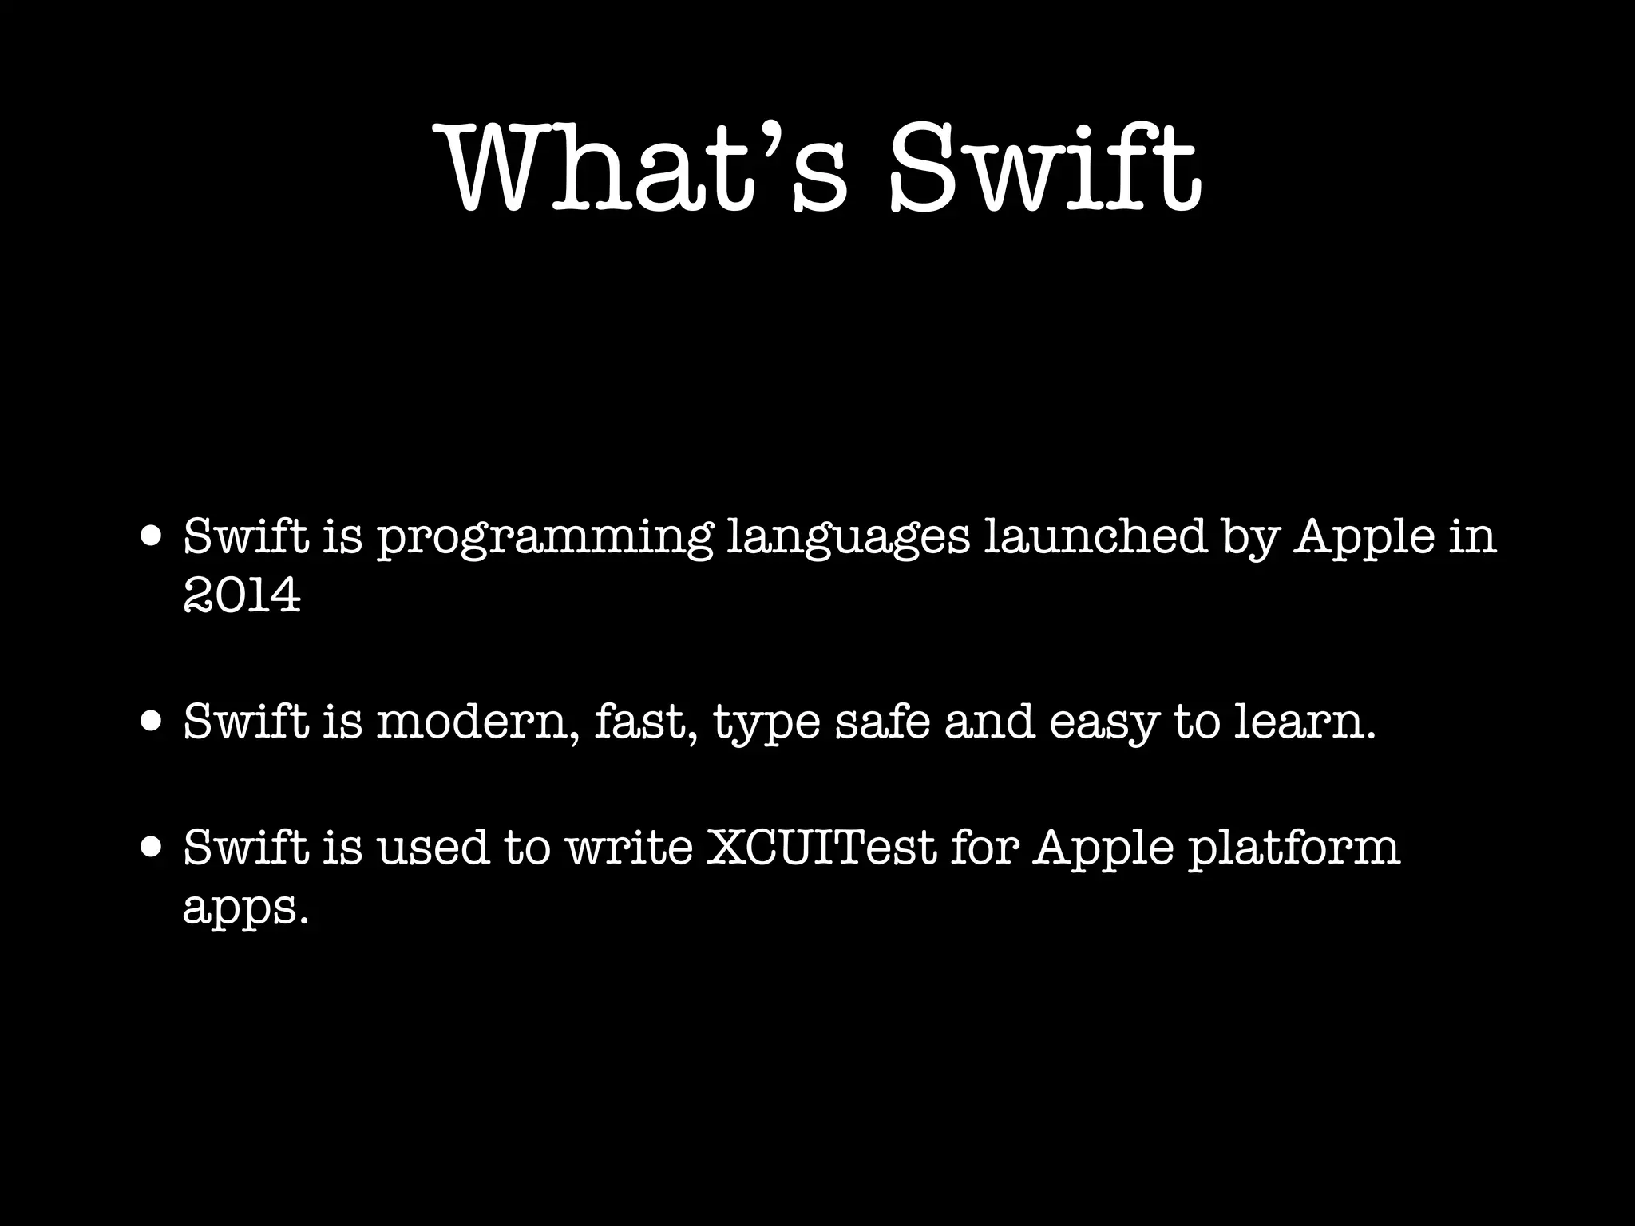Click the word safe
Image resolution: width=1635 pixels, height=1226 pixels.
tap(882, 722)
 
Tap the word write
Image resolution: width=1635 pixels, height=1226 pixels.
tap(629, 848)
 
